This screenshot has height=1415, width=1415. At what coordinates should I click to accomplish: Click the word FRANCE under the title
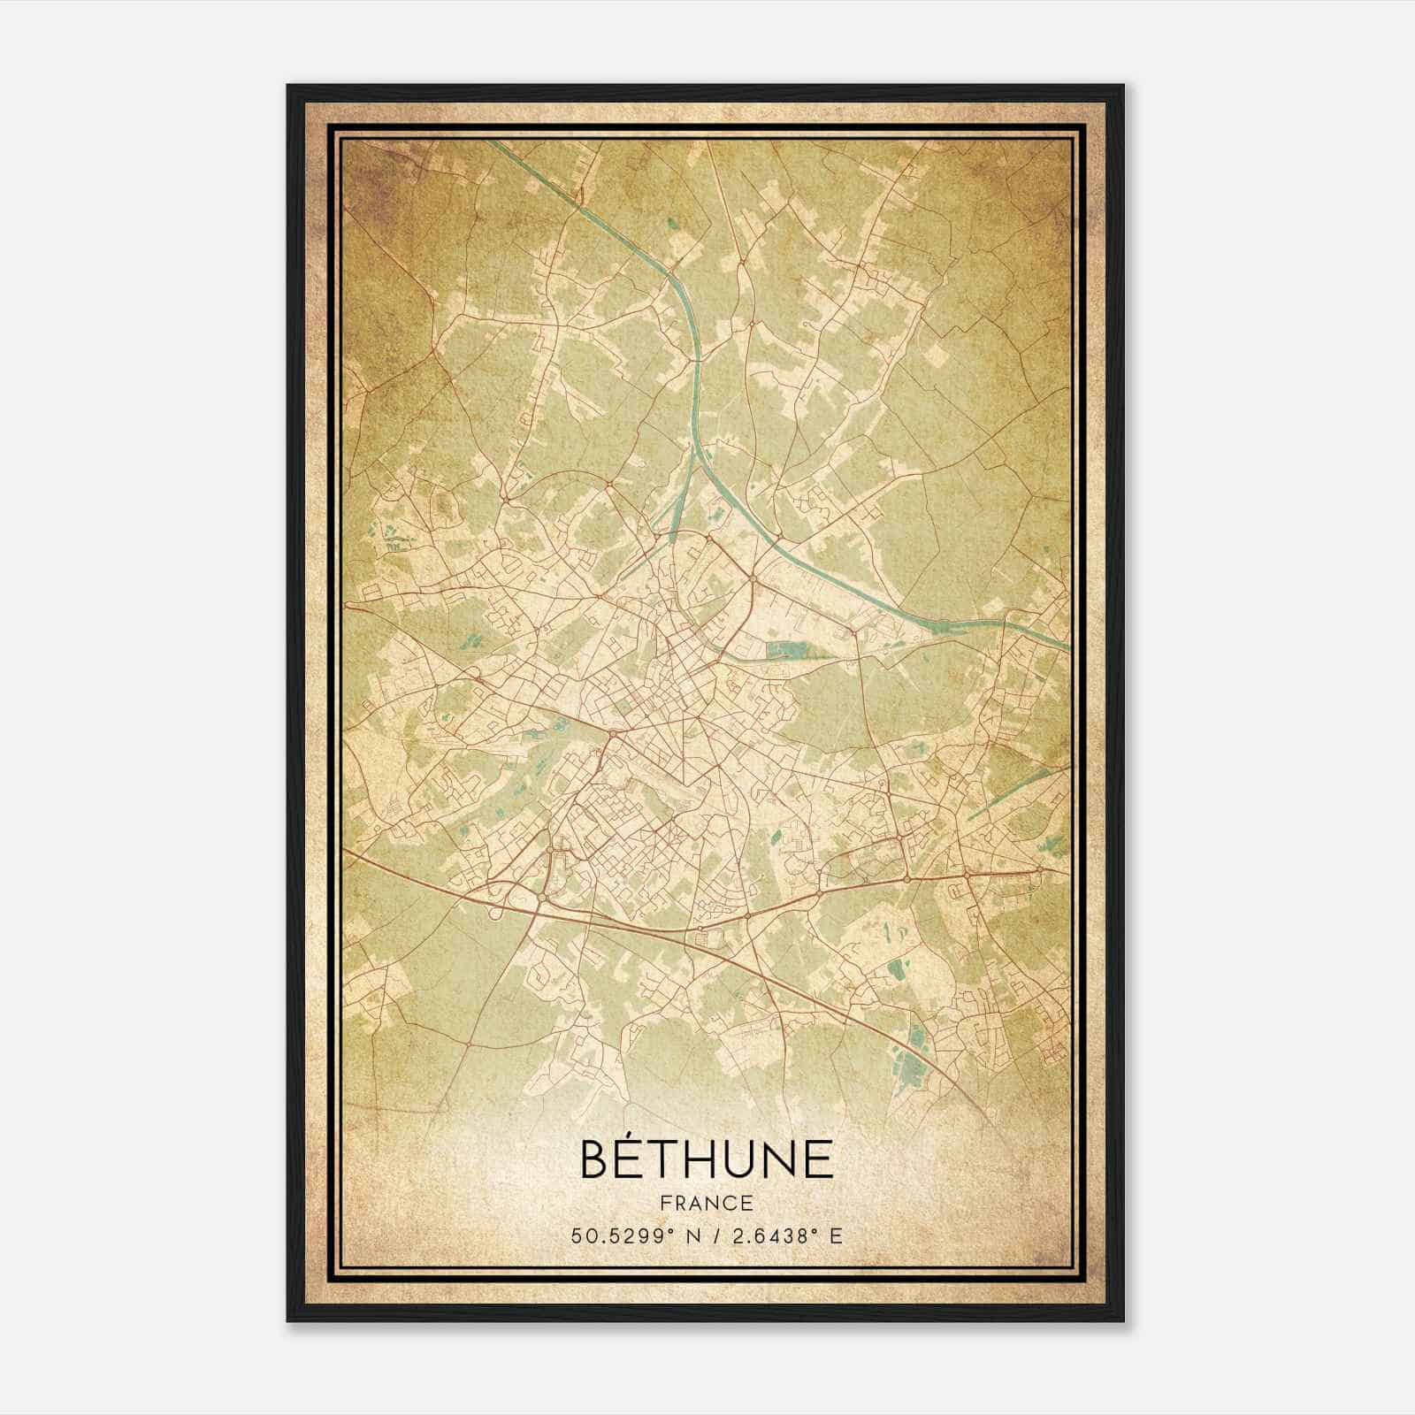click(x=706, y=1204)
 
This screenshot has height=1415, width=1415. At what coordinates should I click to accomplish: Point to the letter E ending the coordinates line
click(x=836, y=1236)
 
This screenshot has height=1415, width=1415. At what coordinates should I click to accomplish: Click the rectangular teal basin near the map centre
click(x=782, y=652)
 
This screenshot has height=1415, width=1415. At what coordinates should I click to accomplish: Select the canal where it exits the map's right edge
click(x=1067, y=646)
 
